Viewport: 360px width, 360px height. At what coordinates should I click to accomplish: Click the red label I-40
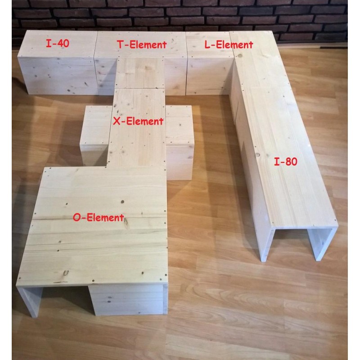(58, 43)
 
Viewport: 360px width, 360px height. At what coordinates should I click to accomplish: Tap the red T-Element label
(142, 44)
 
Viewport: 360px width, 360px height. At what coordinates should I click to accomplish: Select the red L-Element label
(229, 44)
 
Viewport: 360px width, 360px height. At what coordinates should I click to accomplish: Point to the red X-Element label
(138, 121)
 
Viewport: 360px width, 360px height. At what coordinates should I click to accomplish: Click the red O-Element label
(99, 217)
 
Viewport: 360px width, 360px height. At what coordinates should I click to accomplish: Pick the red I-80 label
(286, 162)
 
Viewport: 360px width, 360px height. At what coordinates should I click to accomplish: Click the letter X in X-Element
(117, 121)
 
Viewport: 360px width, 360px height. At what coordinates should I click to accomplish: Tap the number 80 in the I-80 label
(292, 162)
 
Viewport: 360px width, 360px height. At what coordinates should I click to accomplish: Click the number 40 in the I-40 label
(63, 43)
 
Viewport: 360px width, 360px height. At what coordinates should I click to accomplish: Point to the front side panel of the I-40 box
(58, 76)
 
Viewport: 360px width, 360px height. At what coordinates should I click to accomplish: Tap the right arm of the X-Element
(180, 142)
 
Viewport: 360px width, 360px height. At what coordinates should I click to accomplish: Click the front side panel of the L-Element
(209, 75)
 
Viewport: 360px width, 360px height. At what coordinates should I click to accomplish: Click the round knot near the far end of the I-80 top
(240, 55)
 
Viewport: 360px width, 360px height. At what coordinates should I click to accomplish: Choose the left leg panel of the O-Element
(29, 301)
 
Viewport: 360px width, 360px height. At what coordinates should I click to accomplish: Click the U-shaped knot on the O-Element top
(66, 273)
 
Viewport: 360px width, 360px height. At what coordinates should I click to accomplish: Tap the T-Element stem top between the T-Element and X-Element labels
(139, 73)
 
